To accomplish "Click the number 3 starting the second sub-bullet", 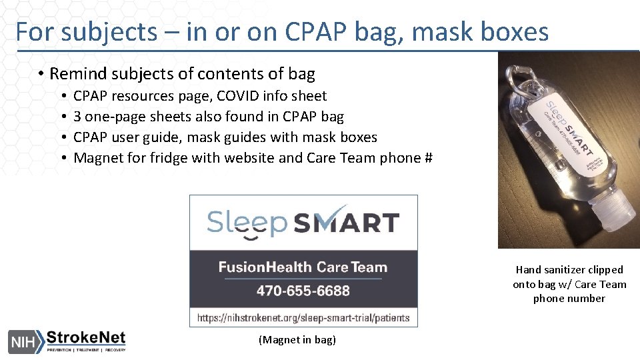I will click(x=77, y=117).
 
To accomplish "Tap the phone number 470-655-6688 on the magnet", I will click(x=303, y=291).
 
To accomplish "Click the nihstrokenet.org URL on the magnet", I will click(x=303, y=317).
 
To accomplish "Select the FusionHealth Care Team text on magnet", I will click(x=303, y=267).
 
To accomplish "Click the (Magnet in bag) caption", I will click(x=297, y=340).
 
